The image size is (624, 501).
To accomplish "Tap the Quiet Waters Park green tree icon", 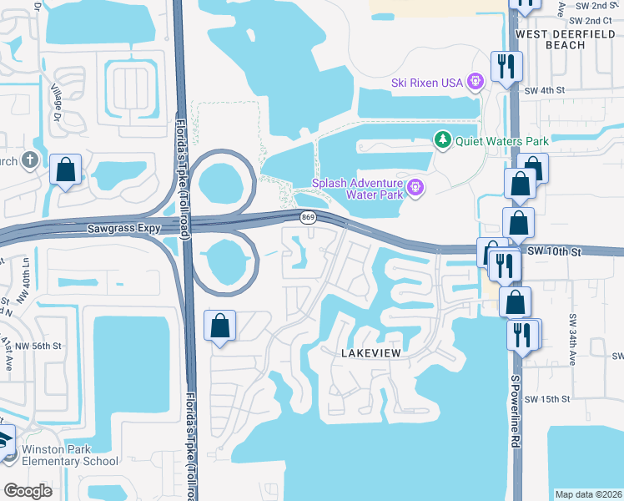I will [x=443, y=140].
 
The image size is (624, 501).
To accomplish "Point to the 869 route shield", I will [x=308, y=218].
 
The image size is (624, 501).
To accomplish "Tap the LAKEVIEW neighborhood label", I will [x=371, y=353].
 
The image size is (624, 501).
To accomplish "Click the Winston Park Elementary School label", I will [x=70, y=455].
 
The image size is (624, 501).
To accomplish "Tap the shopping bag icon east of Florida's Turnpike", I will [x=219, y=326].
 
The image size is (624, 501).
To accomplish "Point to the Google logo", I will [x=28, y=490].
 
